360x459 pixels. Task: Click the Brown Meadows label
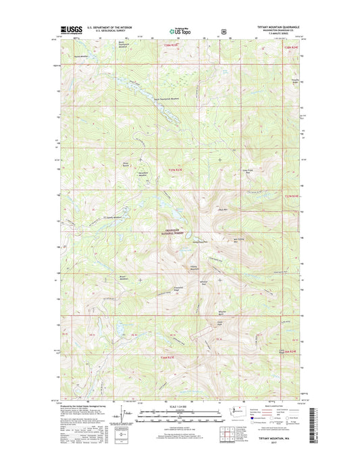(x=124, y=279)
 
